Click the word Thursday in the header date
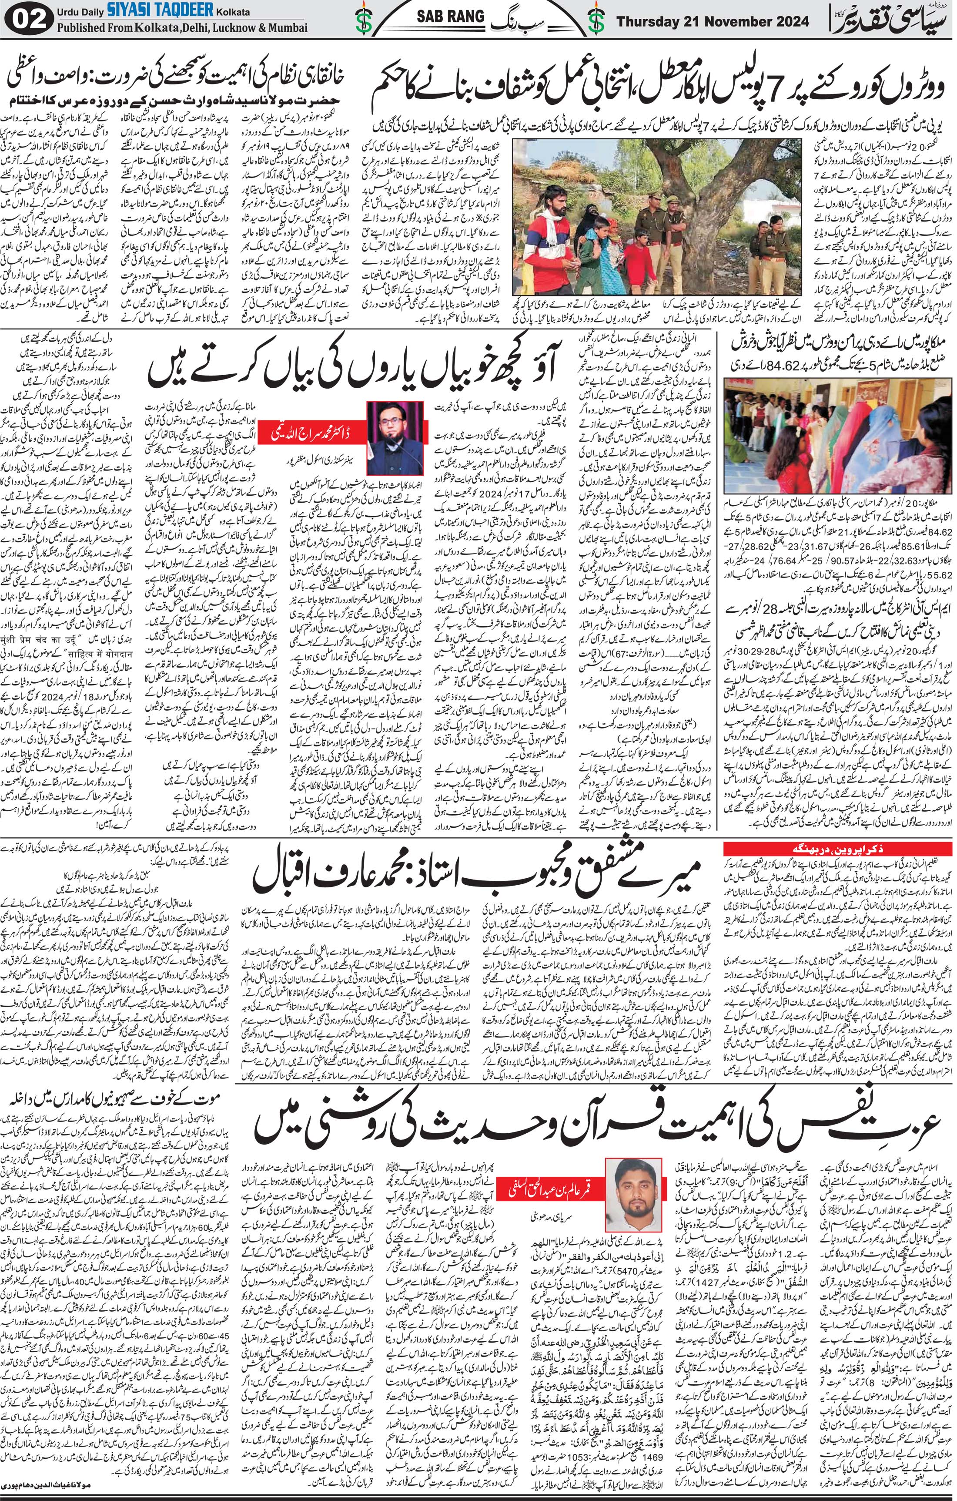(x=649, y=22)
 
